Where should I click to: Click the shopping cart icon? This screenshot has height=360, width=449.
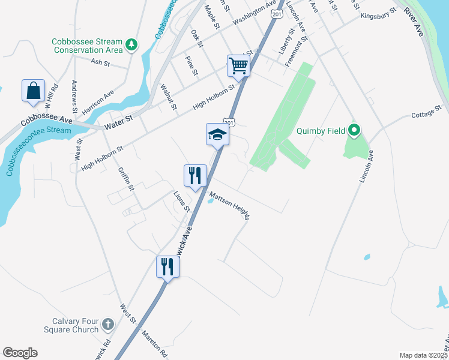[x=238, y=65]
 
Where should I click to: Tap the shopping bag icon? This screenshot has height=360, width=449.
[x=33, y=91]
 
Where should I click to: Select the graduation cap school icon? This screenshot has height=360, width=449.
[x=217, y=134]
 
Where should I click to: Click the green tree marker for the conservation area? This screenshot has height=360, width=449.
[x=131, y=44]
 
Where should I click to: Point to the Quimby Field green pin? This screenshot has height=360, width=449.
[x=354, y=130]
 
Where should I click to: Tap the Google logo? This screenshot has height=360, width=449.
[x=20, y=353]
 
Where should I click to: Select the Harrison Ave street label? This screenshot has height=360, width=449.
[x=98, y=103]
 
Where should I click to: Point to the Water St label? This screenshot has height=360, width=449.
[x=118, y=125]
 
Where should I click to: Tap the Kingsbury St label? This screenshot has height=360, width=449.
[x=379, y=13]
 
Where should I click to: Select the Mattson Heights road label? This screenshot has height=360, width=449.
[x=230, y=205]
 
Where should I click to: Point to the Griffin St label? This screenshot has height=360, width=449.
[x=125, y=179]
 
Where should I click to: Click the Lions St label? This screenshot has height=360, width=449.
[x=181, y=202]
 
